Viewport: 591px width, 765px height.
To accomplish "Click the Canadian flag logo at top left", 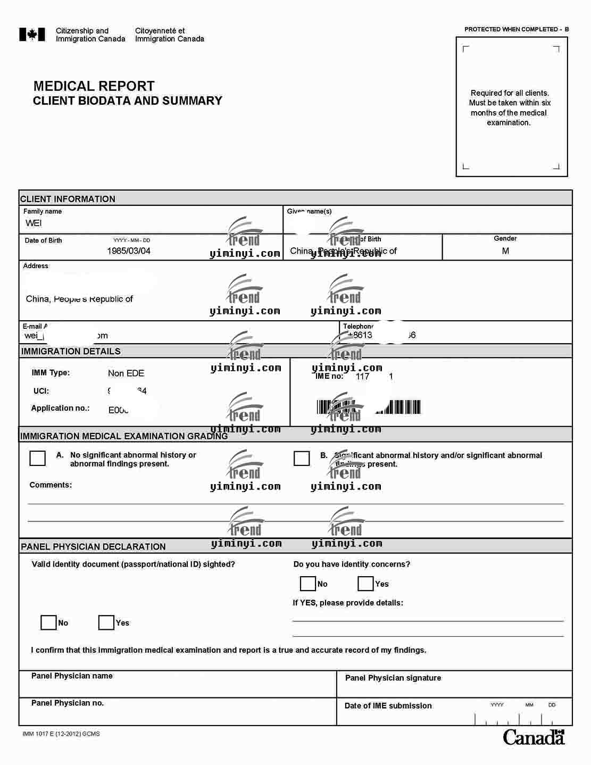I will point(32,35).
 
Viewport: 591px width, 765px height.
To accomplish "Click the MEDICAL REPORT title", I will point(94,86).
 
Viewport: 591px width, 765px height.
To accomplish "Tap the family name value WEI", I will point(34,223).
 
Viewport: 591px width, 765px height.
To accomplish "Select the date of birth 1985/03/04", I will point(129,251).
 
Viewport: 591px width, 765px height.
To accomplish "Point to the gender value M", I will point(505,251).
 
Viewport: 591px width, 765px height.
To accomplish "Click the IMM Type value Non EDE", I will point(126,373).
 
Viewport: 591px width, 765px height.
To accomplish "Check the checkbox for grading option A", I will point(38,458).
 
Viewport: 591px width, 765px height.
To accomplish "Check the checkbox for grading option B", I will point(302,458).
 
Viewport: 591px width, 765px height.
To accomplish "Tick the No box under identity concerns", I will point(308,584).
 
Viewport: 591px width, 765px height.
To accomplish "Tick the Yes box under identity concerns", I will point(365,584).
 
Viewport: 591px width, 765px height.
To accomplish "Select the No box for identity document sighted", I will point(48,622).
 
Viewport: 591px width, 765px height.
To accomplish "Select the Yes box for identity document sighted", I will point(106,622).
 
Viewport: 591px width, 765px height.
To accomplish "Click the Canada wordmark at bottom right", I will point(534,737).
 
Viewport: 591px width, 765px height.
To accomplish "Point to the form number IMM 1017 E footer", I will point(61,734).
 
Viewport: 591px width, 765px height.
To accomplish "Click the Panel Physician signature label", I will point(393,678).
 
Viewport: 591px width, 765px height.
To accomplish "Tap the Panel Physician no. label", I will point(68,703).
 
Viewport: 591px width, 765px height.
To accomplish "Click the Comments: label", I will point(51,485).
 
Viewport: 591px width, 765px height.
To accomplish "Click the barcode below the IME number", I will point(369,408).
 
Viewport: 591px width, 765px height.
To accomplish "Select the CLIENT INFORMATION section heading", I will point(68,199).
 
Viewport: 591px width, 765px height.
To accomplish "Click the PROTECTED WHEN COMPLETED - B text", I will point(516,29).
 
